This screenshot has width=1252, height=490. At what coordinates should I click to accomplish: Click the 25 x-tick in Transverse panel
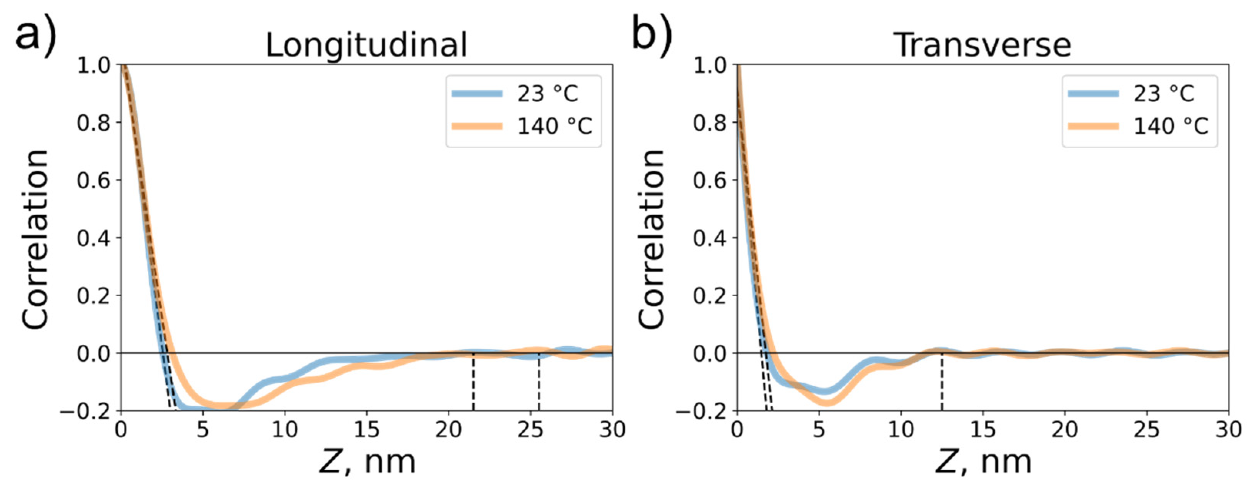(x=1147, y=430)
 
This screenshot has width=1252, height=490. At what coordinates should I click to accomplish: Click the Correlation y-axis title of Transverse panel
(x=651, y=238)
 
